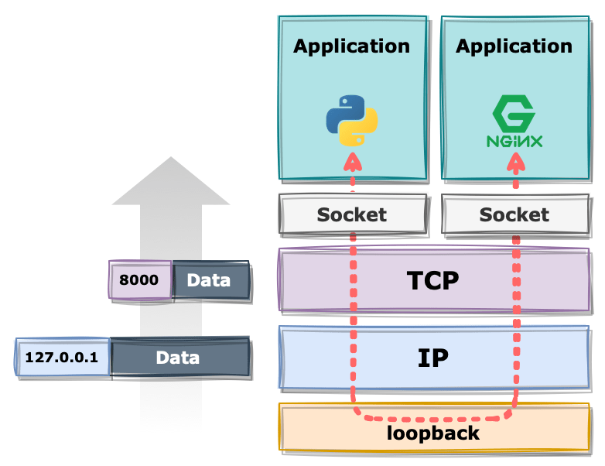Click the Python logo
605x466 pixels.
click(x=352, y=121)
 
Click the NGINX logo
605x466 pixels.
click(x=514, y=124)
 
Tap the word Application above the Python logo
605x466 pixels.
click(x=352, y=46)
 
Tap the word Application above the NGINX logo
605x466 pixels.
click(x=514, y=46)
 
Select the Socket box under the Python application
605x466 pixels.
click(x=352, y=214)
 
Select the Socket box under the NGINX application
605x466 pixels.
click(x=514, y=214)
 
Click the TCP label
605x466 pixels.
click(x=433, y=280)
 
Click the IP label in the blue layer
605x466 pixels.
click(x=433, y=357)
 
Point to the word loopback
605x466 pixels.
click(x=433, y=432)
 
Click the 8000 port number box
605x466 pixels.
click(x=139, y=279)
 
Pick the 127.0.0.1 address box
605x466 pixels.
click(x=62, y=358)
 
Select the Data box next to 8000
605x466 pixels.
click(x=210, y=279)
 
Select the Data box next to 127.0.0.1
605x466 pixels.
click(x=178, y=358)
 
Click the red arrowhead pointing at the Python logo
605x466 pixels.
click(x=353, y=162)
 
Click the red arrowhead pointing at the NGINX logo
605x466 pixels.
click(x=515, y=162)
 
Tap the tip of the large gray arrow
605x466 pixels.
click(x=171, y=158)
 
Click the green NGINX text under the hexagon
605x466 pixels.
click(x=514, y=142)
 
